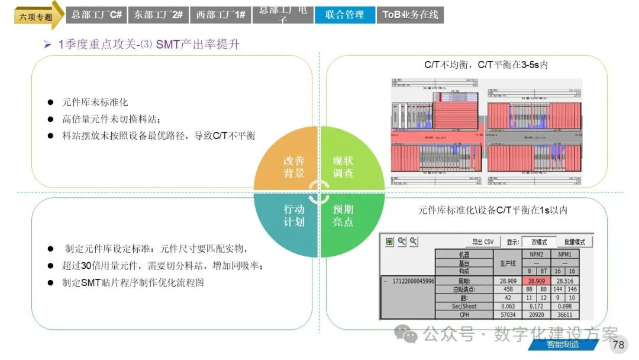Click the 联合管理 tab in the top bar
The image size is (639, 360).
(344, 15)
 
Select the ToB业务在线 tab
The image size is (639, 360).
(410, 15)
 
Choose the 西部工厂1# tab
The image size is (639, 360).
(221, 15)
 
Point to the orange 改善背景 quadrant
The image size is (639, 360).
(293, 167)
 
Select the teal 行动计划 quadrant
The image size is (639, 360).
(293, 216)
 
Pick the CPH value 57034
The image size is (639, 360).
(508, 315)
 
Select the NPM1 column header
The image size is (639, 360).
(565, 253)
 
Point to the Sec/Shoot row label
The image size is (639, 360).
(464, 306)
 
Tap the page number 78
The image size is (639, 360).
(618, 345)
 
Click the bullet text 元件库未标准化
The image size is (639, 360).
(95, 102)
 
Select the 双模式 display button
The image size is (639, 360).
(538, 242)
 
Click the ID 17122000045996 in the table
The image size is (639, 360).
(414, 280)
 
